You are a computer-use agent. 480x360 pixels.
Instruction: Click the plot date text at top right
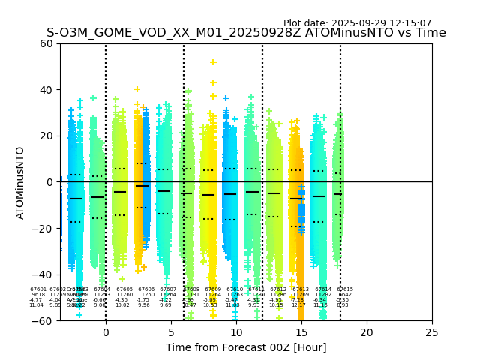coord(357,23)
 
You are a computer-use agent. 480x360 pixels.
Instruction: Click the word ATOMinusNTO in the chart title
coord(345,33)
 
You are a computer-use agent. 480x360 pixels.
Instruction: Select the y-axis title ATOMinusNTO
coord(21,182)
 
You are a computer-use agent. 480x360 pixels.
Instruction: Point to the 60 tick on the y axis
coord(46,43)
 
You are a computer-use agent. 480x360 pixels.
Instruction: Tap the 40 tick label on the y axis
coord(46,90)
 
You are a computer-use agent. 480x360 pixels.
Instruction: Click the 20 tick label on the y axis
coord(46,136)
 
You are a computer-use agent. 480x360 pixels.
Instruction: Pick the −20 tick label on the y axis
coord(43,228)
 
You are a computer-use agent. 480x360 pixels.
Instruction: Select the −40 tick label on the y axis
coord(43,274)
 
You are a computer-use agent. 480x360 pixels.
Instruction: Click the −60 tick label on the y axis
coord(43,321)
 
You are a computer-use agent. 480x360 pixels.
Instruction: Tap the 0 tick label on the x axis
coord(106,332)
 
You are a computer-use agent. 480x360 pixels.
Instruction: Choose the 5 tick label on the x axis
coord(171,332)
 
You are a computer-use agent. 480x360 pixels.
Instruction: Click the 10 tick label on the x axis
coord(236,332)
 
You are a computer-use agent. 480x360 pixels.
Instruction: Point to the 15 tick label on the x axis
coord(301,332)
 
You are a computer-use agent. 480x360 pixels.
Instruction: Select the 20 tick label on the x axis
coord(367,332)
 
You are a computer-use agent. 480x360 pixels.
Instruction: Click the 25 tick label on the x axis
coord(432,332)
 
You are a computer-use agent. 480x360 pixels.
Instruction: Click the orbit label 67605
coord(124,289)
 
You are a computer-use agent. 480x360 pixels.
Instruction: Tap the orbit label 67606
coord(146,289)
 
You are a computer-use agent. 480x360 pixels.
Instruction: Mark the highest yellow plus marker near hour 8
coord(213,62)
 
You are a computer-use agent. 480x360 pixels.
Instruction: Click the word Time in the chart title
coord(431,33)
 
